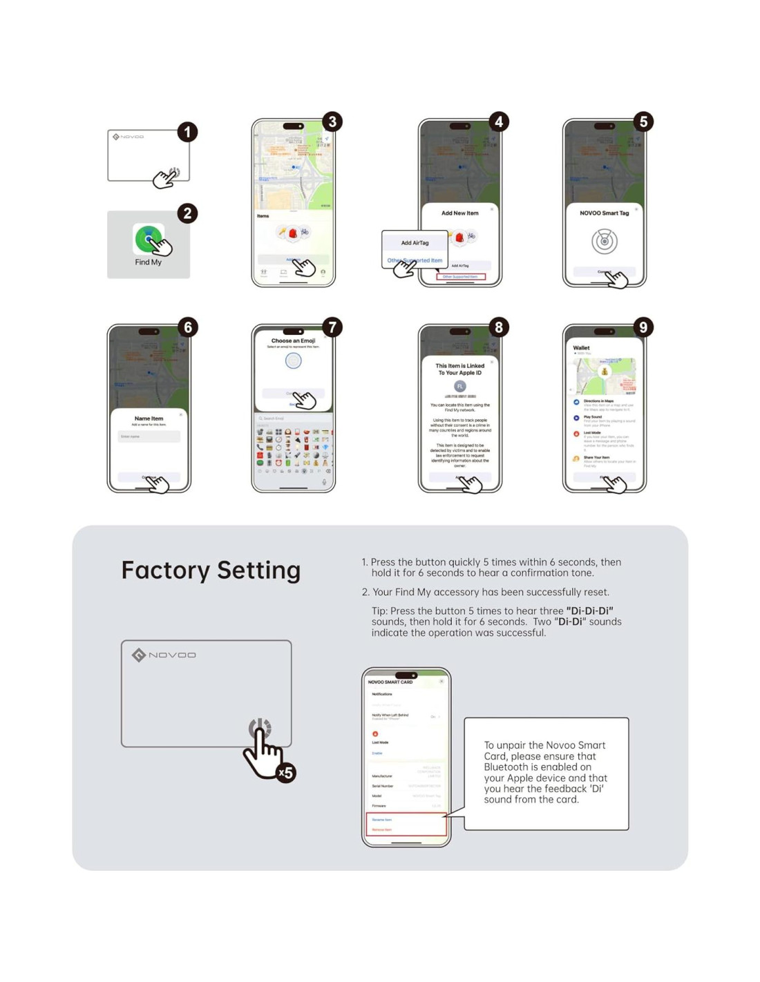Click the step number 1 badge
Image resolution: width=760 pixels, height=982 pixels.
187,132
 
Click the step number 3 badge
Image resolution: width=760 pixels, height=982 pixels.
332,122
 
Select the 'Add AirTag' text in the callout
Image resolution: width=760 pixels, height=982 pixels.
415,243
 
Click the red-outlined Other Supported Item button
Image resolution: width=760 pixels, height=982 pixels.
460,277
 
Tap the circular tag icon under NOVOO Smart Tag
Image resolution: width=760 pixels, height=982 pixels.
604,242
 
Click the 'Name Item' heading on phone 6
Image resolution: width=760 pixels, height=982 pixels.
149,418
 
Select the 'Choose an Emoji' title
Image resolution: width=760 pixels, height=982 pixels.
293,340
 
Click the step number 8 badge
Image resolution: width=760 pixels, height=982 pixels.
499,327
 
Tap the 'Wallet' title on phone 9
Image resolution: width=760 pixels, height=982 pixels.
581,348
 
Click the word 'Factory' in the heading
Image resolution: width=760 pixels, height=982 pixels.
165,570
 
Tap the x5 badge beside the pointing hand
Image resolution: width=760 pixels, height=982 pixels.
285,773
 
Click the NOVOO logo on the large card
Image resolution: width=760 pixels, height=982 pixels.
164,655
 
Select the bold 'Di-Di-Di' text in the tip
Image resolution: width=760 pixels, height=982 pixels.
589,611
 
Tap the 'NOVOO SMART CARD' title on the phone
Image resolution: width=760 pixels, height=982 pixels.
390,682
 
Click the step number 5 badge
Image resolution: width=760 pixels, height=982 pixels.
643,122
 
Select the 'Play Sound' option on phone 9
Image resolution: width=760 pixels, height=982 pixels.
592,417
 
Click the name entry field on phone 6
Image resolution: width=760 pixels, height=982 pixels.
149,436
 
